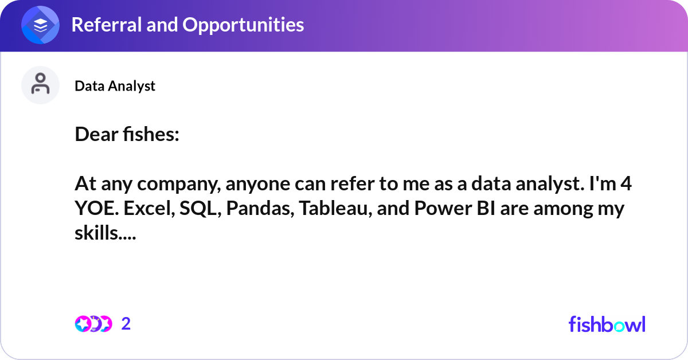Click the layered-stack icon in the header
40,25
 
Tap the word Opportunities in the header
243,25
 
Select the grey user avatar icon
40,85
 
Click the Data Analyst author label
115,86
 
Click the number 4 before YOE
626,183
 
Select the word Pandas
260,208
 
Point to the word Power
443,208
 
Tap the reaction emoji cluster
93,324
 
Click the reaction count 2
126,324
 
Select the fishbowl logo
607,324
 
